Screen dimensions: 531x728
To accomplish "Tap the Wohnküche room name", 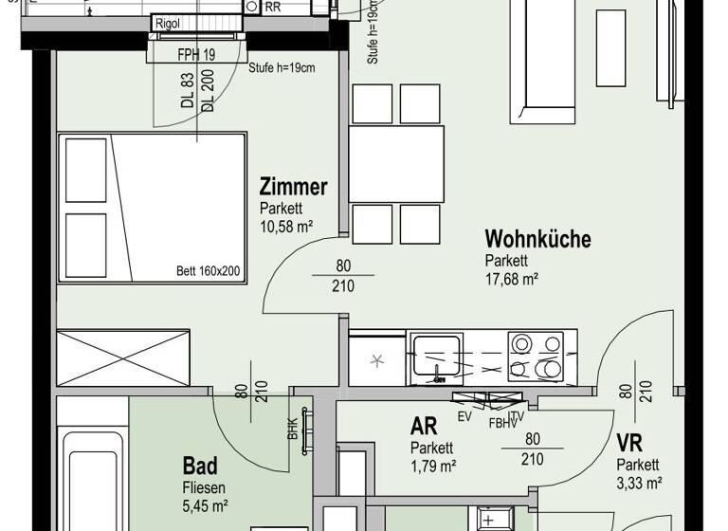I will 537,238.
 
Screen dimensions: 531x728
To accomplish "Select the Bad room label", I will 200,466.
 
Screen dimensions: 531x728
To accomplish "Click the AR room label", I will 423,427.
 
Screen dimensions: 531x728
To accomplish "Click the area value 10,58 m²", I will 285,226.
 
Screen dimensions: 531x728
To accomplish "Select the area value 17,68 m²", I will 512,279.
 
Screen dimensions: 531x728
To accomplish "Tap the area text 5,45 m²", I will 206,505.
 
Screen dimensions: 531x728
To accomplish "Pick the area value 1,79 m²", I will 433,466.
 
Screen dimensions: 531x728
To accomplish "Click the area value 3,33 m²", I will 639,482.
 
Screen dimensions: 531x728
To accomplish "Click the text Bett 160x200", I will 209,271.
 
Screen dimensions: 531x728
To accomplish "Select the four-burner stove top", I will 537,357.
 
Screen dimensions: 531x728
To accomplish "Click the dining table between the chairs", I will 397,163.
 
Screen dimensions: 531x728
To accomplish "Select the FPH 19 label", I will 196,54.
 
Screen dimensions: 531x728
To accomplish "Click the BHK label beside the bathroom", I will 292,429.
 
